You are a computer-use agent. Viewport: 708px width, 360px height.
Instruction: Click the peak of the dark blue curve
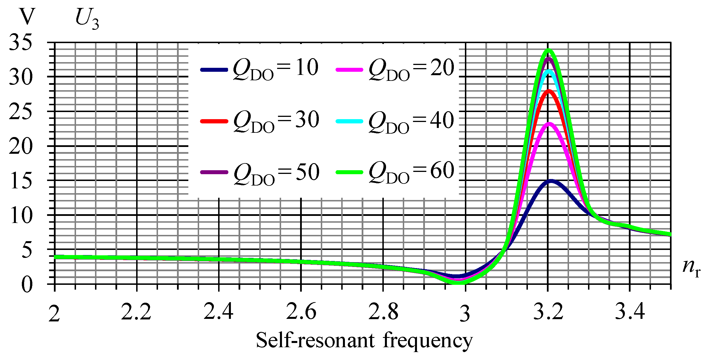point(551,181)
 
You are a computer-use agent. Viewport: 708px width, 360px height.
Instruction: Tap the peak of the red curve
point(549,91)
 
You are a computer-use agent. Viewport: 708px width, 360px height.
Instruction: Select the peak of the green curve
point(549,50)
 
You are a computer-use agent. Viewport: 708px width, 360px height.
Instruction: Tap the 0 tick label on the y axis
point(27,285)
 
